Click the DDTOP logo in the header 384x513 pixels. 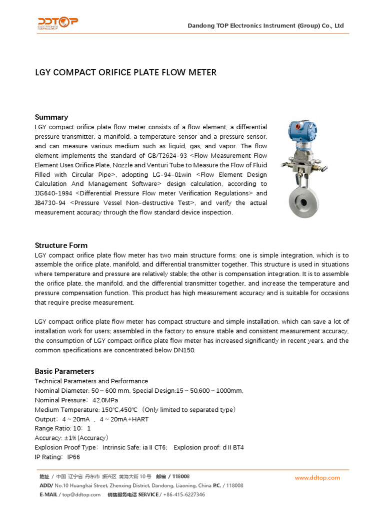tap(57, 23)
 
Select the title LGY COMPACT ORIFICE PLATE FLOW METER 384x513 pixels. tap(125, 73)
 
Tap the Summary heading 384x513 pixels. tap(51, 117)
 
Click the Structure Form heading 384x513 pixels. tap(61, 245)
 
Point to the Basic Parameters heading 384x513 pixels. tap(64, 371)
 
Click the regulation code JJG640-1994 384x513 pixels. tap(53, 193)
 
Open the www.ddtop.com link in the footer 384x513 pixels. tap(317, 478)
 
